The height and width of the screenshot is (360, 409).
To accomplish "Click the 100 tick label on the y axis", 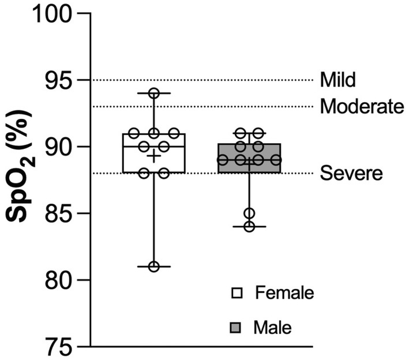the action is click(x=52, y=14).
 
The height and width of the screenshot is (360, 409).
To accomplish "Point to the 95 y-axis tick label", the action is click(x=58, y=80).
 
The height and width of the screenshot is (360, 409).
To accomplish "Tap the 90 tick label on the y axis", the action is click(x=58, y=147).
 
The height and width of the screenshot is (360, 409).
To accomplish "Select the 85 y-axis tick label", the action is click(x=58, y=213).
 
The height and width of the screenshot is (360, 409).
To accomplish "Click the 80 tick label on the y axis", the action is click(x=58, y=280).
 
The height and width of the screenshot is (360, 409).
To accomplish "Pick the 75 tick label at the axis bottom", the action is click(x=58, y=347).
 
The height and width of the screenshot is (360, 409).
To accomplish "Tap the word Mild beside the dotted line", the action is click(x=338, y=80).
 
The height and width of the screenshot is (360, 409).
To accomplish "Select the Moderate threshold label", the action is click(x=362, y=106).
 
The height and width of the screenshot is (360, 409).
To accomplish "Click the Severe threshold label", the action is click(x=351, y=173).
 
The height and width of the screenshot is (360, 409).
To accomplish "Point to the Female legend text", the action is click(x=284, y=292).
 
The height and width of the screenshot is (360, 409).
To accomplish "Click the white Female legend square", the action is click(x=237, y=293).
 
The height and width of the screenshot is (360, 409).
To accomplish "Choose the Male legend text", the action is click(x=273, y=327).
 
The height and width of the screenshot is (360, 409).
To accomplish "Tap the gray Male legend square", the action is click(x=235, y=328).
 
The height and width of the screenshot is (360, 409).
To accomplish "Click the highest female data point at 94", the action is click(x=154, y=93).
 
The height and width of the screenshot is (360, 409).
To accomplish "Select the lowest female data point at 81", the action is click(x=154, y=267).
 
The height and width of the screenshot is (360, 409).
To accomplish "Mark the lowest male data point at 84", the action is click(x=250, y=226).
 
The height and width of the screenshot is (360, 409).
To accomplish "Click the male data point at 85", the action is click(x=250, y=213).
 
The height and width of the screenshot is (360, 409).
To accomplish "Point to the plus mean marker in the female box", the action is click(x=154, y=156).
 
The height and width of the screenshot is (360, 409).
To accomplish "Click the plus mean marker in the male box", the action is click(x=250, y=164).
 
